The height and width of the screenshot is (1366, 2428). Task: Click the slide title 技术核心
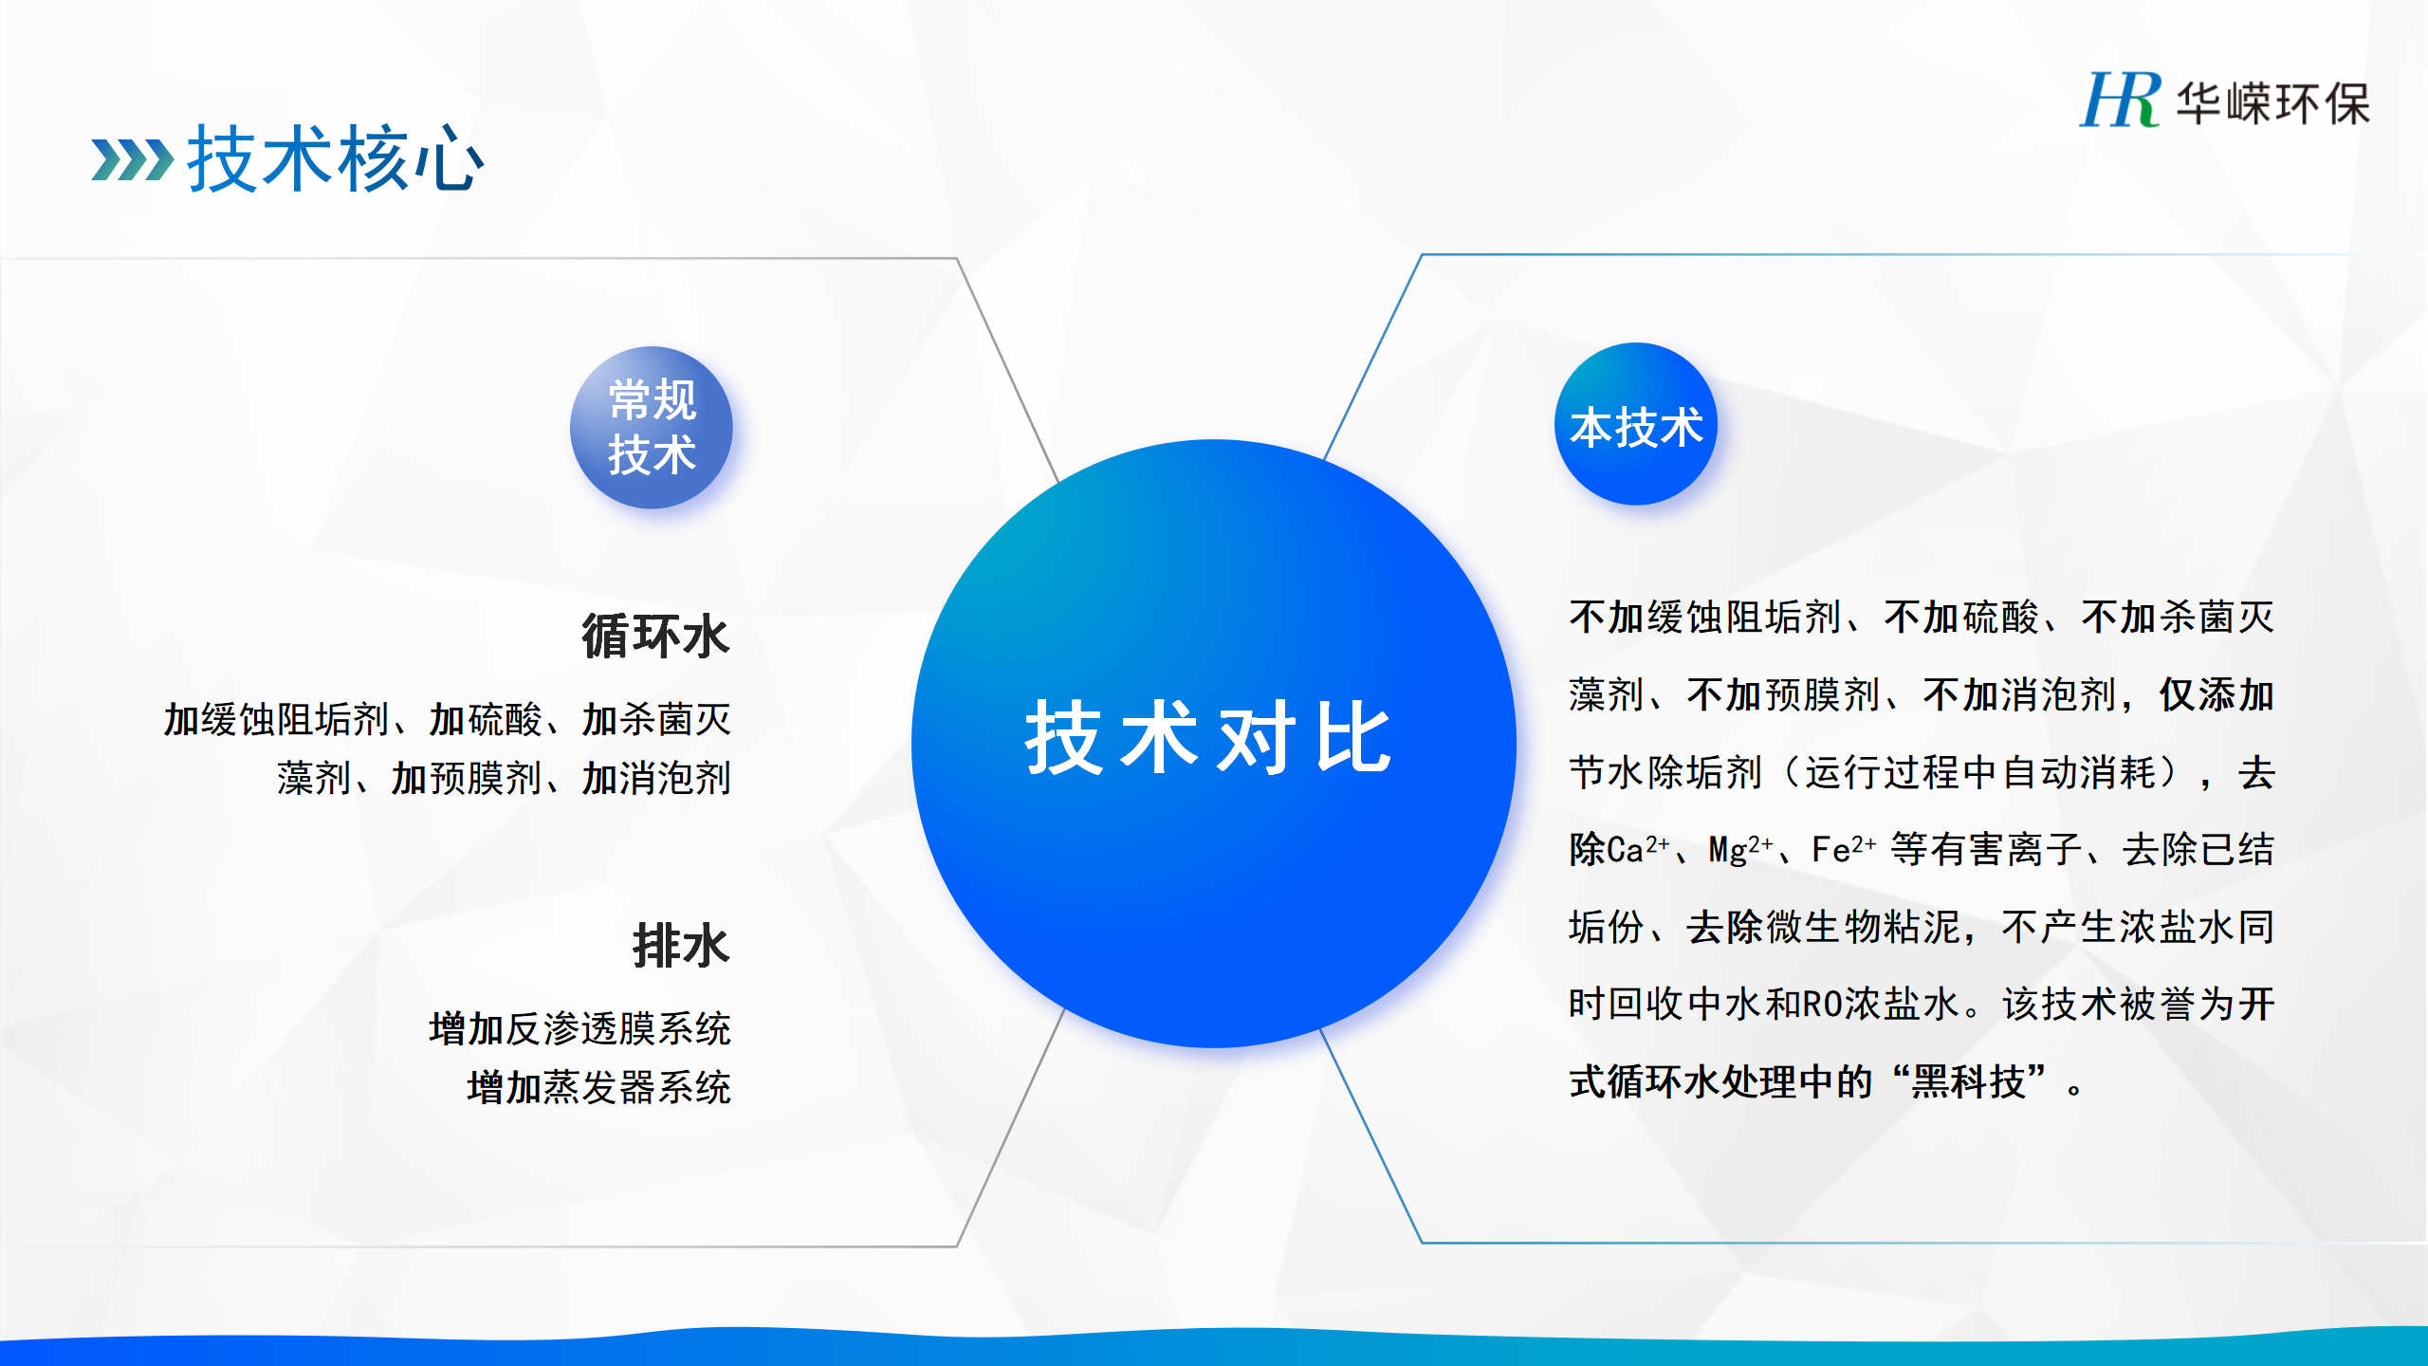click(x=336, y=159)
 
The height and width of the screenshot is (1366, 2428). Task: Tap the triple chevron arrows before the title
click(x=133, y=159)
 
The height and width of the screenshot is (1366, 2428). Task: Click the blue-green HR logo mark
click(x=2120, y=99)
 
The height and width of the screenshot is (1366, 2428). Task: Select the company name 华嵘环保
click(x=2272, y=102)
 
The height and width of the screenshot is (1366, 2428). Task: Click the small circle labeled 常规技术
click(x=651, y=427)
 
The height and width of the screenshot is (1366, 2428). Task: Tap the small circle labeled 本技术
click(x=1636, y=424)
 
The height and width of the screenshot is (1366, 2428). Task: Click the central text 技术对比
click(x=1208, y=738)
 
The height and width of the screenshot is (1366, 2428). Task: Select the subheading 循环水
click(x=655, y=636)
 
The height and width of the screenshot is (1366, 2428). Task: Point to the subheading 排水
click(x=681, y=945)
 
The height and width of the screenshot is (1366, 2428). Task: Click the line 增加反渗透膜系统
click(x=579, y=1028)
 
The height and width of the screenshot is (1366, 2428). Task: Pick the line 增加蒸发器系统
click(x=598, y=1087)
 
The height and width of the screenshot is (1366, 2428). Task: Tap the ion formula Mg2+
click(x=1740, y=848)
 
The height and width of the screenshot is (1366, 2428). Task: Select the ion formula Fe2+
click(x=1844, y=848)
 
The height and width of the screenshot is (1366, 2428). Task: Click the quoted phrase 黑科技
click(x=1968, y=1081)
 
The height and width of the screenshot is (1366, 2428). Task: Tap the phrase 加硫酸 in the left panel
click(x=485, y=719)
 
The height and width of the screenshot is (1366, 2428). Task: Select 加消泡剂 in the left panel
click(x=655, y=778)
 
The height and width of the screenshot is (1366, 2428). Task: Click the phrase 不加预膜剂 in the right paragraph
click(x=1784, y=694)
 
